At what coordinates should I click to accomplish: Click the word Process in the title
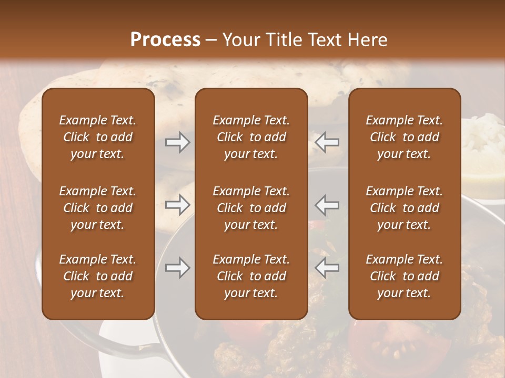[165, 40]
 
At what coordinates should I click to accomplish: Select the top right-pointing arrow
[177, 142]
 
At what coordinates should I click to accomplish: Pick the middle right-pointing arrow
[177, 205]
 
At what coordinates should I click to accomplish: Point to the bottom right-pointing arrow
[177, 268]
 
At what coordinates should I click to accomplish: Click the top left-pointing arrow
[327, 142]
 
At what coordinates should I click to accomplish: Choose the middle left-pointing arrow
[327, 205]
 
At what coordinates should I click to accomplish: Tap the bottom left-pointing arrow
[327, 268]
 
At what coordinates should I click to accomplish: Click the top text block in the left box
[98, 137]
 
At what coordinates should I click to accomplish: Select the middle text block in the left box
[98, 208]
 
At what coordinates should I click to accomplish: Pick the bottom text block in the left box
[98, 276]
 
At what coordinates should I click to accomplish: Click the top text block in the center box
[251, 137]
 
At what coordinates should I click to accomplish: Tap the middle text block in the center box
[251, 208]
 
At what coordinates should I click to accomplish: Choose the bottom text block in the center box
[251, 276]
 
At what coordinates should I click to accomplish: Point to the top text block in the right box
[404, 137]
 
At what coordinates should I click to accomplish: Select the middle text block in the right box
[404, 208]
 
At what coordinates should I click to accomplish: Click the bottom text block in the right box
[404, 276]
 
